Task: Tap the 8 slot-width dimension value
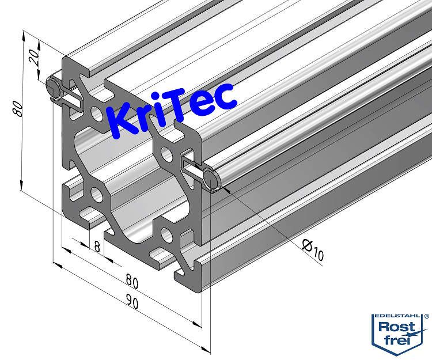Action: point(97,247)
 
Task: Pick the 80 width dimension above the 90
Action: point(132,283)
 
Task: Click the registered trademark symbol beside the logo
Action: point(426,316)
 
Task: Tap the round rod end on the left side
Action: point(52,88)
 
